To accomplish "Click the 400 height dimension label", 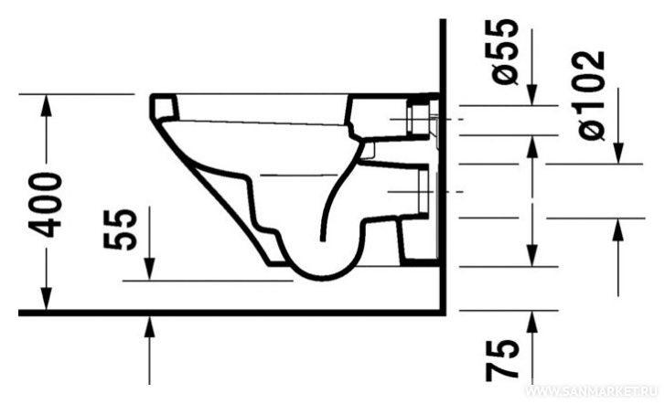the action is [46, 205].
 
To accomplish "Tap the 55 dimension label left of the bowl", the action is [121, 229].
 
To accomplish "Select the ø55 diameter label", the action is [505, 52].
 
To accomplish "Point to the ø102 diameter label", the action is [592, 95].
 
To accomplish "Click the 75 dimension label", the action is [502, 360].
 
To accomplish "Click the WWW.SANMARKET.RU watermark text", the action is [591, 391].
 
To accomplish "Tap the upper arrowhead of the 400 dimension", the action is [47, 105].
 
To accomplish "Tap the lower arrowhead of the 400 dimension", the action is [47, 299].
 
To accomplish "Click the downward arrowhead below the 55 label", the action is [149, 270].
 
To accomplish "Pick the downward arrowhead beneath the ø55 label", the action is [531, 94].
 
